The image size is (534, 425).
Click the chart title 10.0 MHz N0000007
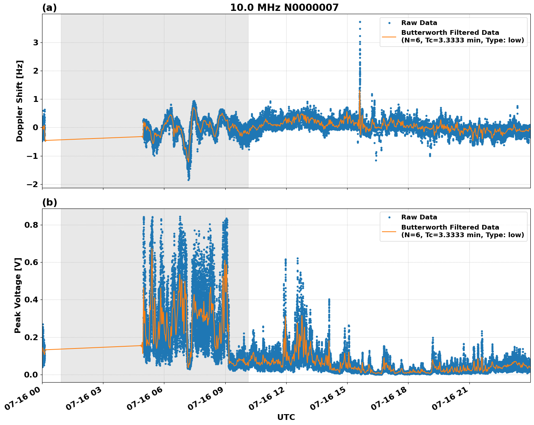click(284, 8)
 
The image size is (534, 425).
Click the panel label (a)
click(49, 8)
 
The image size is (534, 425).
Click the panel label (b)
click(49, 202)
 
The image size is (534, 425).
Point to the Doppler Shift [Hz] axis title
click(20, 101)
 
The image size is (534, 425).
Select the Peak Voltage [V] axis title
click(18, 295)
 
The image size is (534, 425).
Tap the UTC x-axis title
click(286, 417)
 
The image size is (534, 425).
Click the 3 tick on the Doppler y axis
click(36, 42)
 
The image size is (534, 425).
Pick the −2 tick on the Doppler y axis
click(32, 184)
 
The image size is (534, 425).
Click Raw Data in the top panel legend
click(419, 23)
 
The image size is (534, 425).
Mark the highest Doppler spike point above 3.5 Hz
click(360, 22)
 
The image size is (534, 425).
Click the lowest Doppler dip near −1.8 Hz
click(188, 180)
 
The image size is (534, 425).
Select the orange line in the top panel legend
click(389, 36)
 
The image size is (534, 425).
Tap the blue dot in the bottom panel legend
click(389, 218)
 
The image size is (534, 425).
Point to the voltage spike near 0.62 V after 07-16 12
click(297, 259)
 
